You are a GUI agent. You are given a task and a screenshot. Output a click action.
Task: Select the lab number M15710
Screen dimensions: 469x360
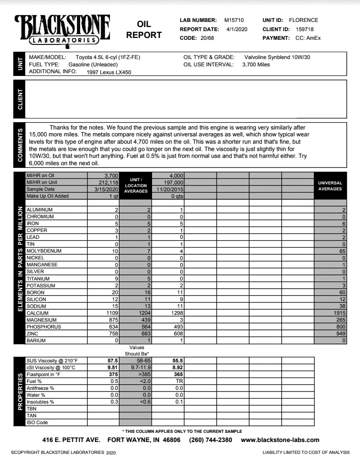234,20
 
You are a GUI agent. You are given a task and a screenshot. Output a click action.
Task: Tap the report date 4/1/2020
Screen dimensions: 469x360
237,29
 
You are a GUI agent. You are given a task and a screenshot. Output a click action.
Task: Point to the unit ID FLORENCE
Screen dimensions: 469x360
303,20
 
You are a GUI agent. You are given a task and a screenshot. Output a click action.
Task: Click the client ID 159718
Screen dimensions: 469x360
305,29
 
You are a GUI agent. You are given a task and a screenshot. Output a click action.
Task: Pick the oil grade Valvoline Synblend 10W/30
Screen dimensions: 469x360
278,58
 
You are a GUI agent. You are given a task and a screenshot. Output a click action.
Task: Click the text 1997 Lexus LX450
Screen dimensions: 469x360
109,72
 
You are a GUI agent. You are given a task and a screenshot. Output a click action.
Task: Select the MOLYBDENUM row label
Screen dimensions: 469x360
44,251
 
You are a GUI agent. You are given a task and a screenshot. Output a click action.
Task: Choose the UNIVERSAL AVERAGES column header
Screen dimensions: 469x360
330,186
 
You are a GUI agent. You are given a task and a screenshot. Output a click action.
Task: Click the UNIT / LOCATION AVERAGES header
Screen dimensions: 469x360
136,186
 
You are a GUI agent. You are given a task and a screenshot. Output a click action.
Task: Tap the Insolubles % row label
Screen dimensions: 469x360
41,402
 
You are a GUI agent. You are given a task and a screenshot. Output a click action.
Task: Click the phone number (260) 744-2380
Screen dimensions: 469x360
211,440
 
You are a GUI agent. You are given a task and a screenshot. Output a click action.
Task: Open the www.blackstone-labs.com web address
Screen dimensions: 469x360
280,440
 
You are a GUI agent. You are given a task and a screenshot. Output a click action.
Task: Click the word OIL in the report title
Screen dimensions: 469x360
144,24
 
